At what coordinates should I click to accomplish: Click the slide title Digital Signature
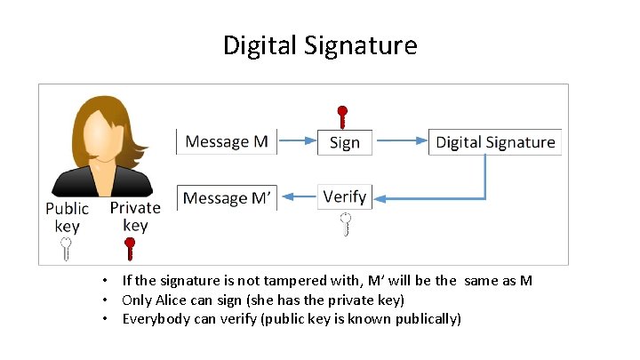(x=320, y=45)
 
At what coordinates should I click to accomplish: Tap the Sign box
(x=344, y=142)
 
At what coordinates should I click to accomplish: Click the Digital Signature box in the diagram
(x=495, y=142)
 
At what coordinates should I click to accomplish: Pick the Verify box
(x=344, y=196)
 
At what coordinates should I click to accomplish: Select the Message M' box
(x=227, y=197)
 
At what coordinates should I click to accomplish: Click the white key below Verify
(x=345, y=223)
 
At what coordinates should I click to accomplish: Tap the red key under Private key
(x=135, y=248)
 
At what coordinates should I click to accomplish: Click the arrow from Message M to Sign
(x=297, y=141)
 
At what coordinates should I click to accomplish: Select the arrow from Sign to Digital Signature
(x=401, y=141)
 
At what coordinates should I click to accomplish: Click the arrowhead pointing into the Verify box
(x=376, y=197)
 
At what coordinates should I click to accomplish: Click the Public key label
(x=68, y=217)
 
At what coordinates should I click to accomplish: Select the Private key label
(x=135, y=216)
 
